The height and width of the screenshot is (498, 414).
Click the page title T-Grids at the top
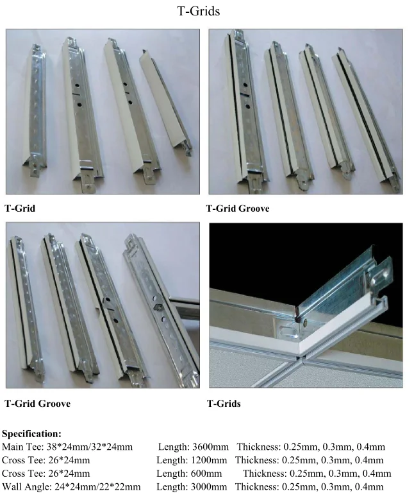click(198, 11)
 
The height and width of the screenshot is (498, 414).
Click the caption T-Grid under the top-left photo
click(20, 209)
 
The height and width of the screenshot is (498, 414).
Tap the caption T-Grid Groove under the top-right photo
click(238, 209)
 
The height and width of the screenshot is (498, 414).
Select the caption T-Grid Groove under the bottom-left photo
click(37, 404)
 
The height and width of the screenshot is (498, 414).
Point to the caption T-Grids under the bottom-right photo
click(224, 404)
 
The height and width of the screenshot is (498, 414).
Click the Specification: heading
click(32, 434)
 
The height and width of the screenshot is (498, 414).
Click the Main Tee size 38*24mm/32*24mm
click(90, 447)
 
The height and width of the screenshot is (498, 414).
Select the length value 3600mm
click(211, 447)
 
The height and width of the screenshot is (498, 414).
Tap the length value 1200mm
click(209, 460)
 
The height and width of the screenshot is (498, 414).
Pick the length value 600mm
click(206, 474)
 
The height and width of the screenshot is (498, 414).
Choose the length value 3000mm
click(209, 486)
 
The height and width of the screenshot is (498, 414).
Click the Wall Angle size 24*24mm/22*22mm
click(97, 486)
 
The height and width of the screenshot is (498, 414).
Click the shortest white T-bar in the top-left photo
click(165, 101)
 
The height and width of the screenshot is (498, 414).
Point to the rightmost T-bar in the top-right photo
click(365, 117)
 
